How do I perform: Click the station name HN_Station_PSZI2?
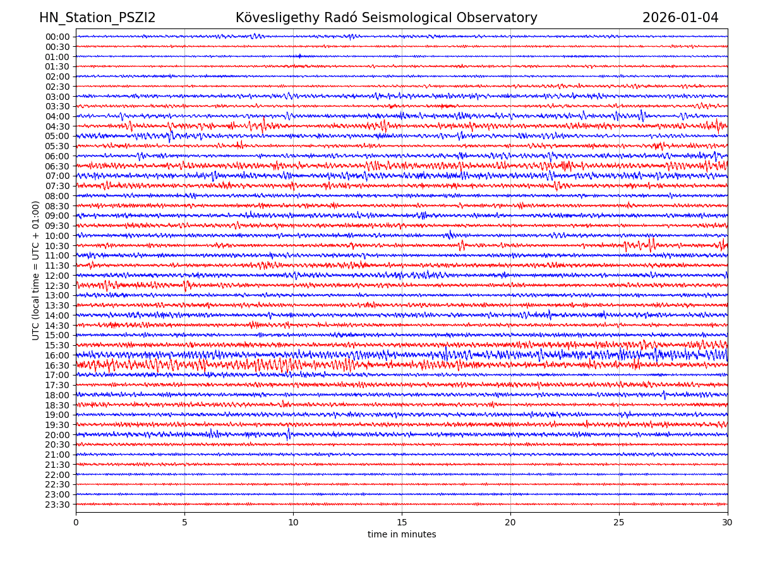click(97, 18)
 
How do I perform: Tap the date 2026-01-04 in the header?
click(680, 18)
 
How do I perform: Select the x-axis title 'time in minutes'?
click(402, 535)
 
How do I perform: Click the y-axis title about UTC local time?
click(36, 270)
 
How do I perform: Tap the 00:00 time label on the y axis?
click(57, 37)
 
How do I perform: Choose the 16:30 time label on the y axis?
click(57, 365)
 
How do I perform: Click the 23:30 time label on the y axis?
click(57, 505)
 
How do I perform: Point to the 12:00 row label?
click(57, 276)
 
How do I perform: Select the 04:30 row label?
click(57, 126)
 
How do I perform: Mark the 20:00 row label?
click(57, 435)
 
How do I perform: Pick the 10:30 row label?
click(57, 246)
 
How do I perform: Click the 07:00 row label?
click(57, 176)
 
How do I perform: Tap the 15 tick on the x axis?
click(402, 523)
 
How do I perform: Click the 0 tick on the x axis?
click(76, 523)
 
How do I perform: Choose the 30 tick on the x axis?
click(728, 523)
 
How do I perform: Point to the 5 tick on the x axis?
click(184, 523)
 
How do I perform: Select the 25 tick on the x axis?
click(619, 523)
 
